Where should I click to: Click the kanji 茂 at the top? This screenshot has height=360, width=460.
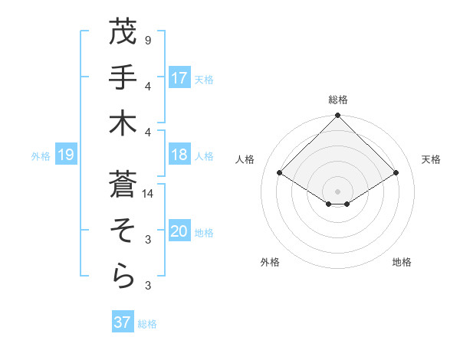point(123,31)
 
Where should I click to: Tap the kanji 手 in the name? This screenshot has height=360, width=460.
point(123,77)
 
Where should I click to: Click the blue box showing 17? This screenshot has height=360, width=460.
point(179,77)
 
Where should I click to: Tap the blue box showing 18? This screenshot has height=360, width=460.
point(179,155)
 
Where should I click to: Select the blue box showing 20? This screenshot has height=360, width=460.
point(179,231)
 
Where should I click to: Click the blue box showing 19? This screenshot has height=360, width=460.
point(65,155)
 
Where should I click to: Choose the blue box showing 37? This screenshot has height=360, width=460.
point(123,322)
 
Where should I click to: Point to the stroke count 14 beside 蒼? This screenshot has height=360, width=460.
point(148,194)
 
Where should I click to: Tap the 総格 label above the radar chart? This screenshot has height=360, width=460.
point(337,100)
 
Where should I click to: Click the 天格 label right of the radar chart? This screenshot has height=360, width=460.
point(431,159)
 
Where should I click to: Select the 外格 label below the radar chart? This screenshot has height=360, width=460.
point(270,262)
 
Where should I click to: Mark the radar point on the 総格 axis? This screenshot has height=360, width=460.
point(337,116)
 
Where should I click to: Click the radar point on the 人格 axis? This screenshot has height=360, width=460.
point(280,173)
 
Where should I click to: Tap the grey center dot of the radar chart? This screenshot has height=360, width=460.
point(337,191)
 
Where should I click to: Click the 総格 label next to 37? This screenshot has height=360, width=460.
point(147,324)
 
